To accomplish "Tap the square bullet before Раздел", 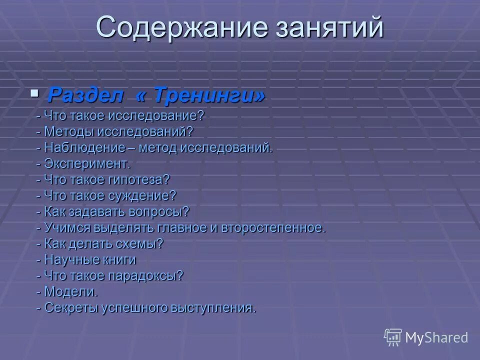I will pos(34,92).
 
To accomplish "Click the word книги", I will pos(118,259).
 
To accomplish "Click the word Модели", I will pos(70,291).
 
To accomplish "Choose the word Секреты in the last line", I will pos(72,307).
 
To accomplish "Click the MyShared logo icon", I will pos(392,337).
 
